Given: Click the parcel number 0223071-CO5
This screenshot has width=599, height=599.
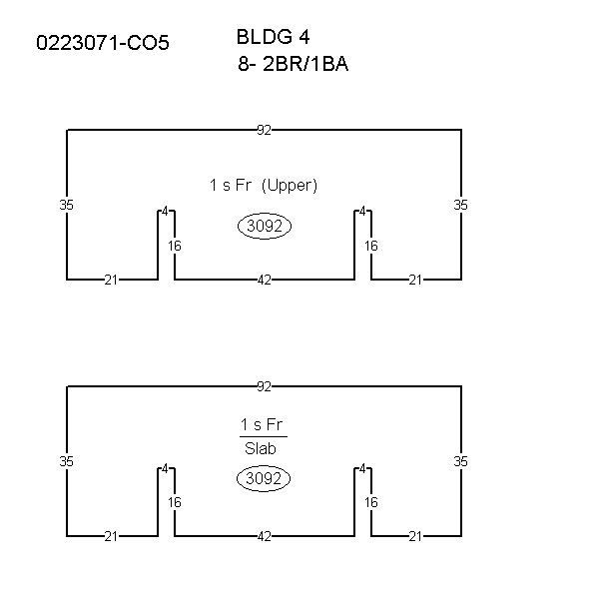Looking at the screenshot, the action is click(x=103, y=42).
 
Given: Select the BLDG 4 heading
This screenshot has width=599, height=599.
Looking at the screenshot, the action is click(x=274, y=37).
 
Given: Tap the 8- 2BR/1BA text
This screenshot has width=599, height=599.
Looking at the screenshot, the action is click(x=293, y=64).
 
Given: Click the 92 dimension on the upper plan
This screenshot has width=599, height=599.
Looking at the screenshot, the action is click(x=264, y=130).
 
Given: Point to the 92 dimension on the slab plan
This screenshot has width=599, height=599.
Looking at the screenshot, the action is click(x=264, y=387).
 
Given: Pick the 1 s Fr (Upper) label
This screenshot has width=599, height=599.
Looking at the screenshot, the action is click(x=264, y=186).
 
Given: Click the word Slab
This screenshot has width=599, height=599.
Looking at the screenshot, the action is click(x=261, y=448).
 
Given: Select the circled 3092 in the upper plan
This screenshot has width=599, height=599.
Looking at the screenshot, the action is click(x=265, y=226).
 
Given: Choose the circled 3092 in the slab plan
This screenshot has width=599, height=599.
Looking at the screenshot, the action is click(x=264, y=478).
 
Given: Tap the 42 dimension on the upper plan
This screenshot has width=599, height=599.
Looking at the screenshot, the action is click(x=265, y=280).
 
